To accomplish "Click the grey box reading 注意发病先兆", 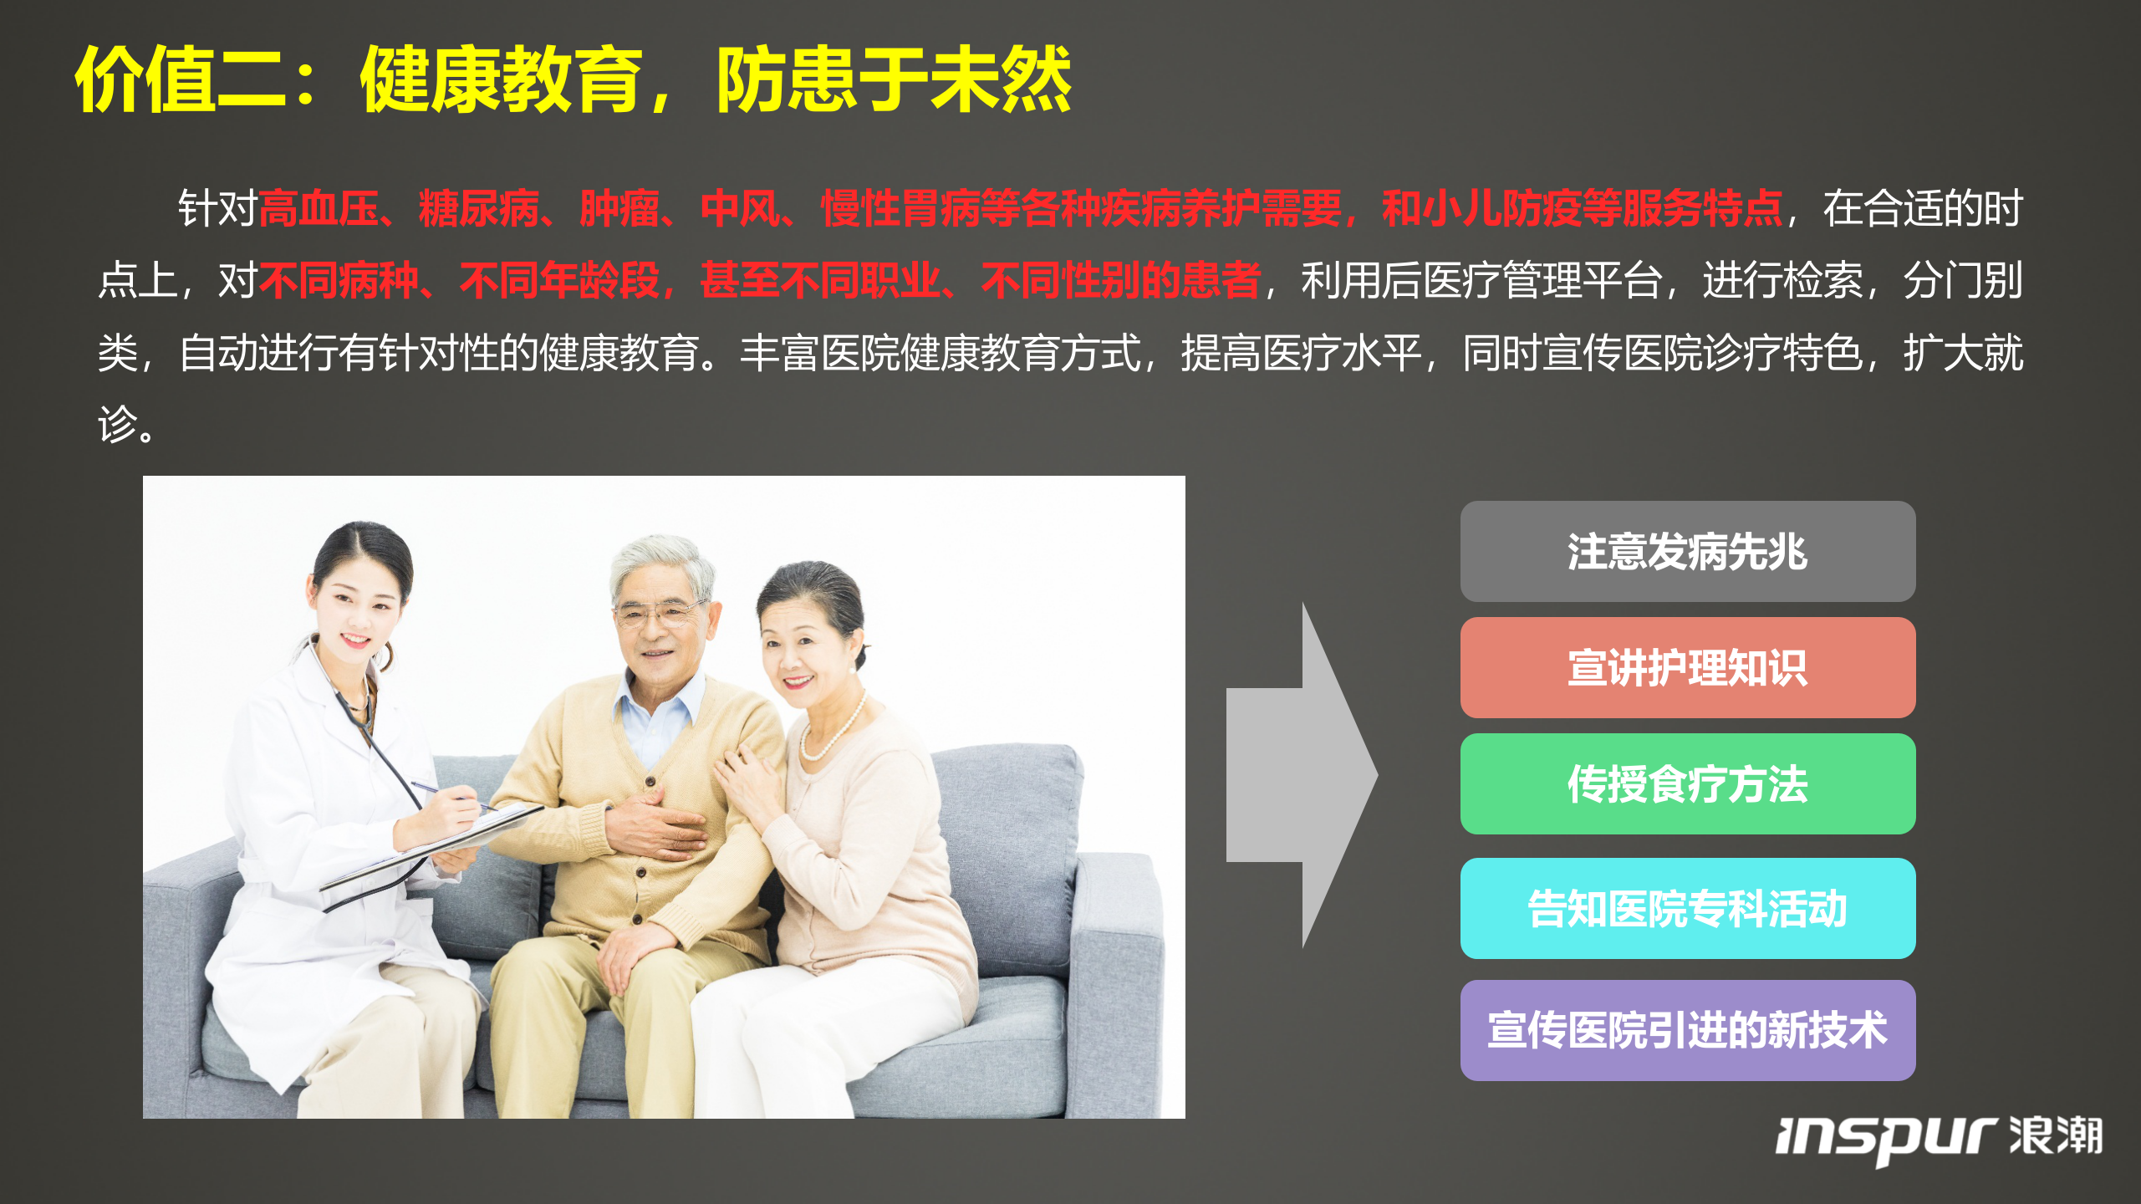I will coord(1687,552).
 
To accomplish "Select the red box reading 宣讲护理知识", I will coord(1687,668).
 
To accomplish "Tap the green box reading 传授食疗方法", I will coord(1687,784).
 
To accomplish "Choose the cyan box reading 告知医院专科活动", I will coord(1687,909).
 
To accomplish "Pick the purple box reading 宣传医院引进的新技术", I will coord(1687,1030).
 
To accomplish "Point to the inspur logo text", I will coord(1885,1139).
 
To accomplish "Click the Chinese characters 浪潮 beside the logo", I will coord(2056,1135).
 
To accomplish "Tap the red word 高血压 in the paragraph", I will coord(319,209).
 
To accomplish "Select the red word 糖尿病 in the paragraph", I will coord(479,209).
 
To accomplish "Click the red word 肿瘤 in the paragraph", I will coord(619,209).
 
